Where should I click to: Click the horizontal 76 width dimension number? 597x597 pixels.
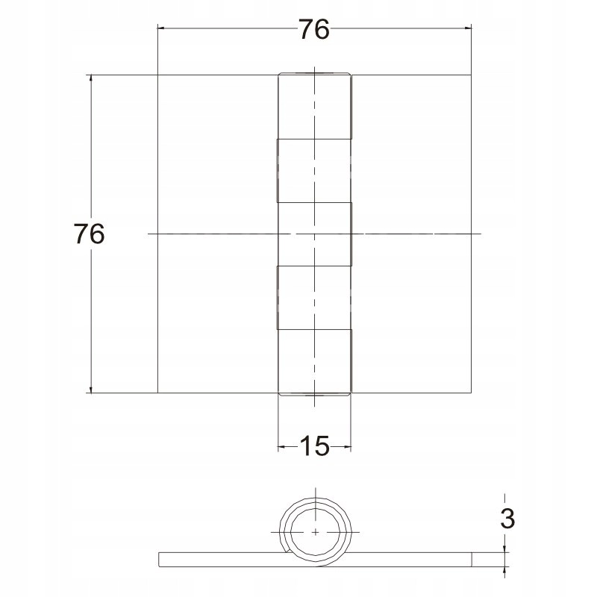click(313, 29)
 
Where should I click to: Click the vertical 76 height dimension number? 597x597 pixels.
click(89, 234)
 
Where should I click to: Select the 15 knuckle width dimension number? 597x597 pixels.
click(314, 446)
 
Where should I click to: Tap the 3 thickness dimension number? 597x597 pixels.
click(507, 518)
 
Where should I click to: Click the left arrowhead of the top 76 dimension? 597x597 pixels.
click(161, 28)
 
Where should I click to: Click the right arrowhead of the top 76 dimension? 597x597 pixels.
click(467, 28)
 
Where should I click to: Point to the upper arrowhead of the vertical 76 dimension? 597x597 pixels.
click(90, 79)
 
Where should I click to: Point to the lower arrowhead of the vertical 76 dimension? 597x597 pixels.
click(90, 388)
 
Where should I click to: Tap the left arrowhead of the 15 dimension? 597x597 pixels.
click(282, 446)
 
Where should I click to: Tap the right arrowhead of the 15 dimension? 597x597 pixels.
click(347, 446)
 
